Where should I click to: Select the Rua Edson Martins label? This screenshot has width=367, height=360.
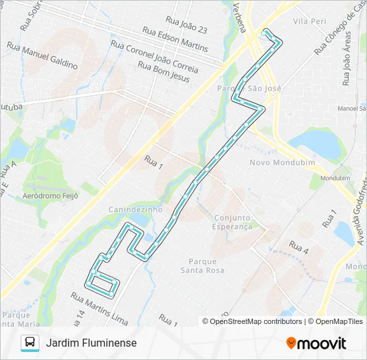click(x=176, y=40)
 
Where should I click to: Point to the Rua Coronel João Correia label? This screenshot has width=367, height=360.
click(x=154, y=57)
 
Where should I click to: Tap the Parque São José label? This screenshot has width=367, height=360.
click(x=250, y=88)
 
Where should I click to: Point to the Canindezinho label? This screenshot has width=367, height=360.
click(x=135, y=209)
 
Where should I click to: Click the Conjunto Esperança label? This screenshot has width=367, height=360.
click(x=233, y=222)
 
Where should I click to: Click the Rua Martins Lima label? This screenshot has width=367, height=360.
click(x=99, y=309)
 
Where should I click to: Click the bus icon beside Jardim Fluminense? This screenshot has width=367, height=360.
click(x=30, y=343)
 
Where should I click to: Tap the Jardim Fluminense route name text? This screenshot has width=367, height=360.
click(x=91, y=343)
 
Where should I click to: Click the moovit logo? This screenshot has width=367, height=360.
click(x=316, y=343)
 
